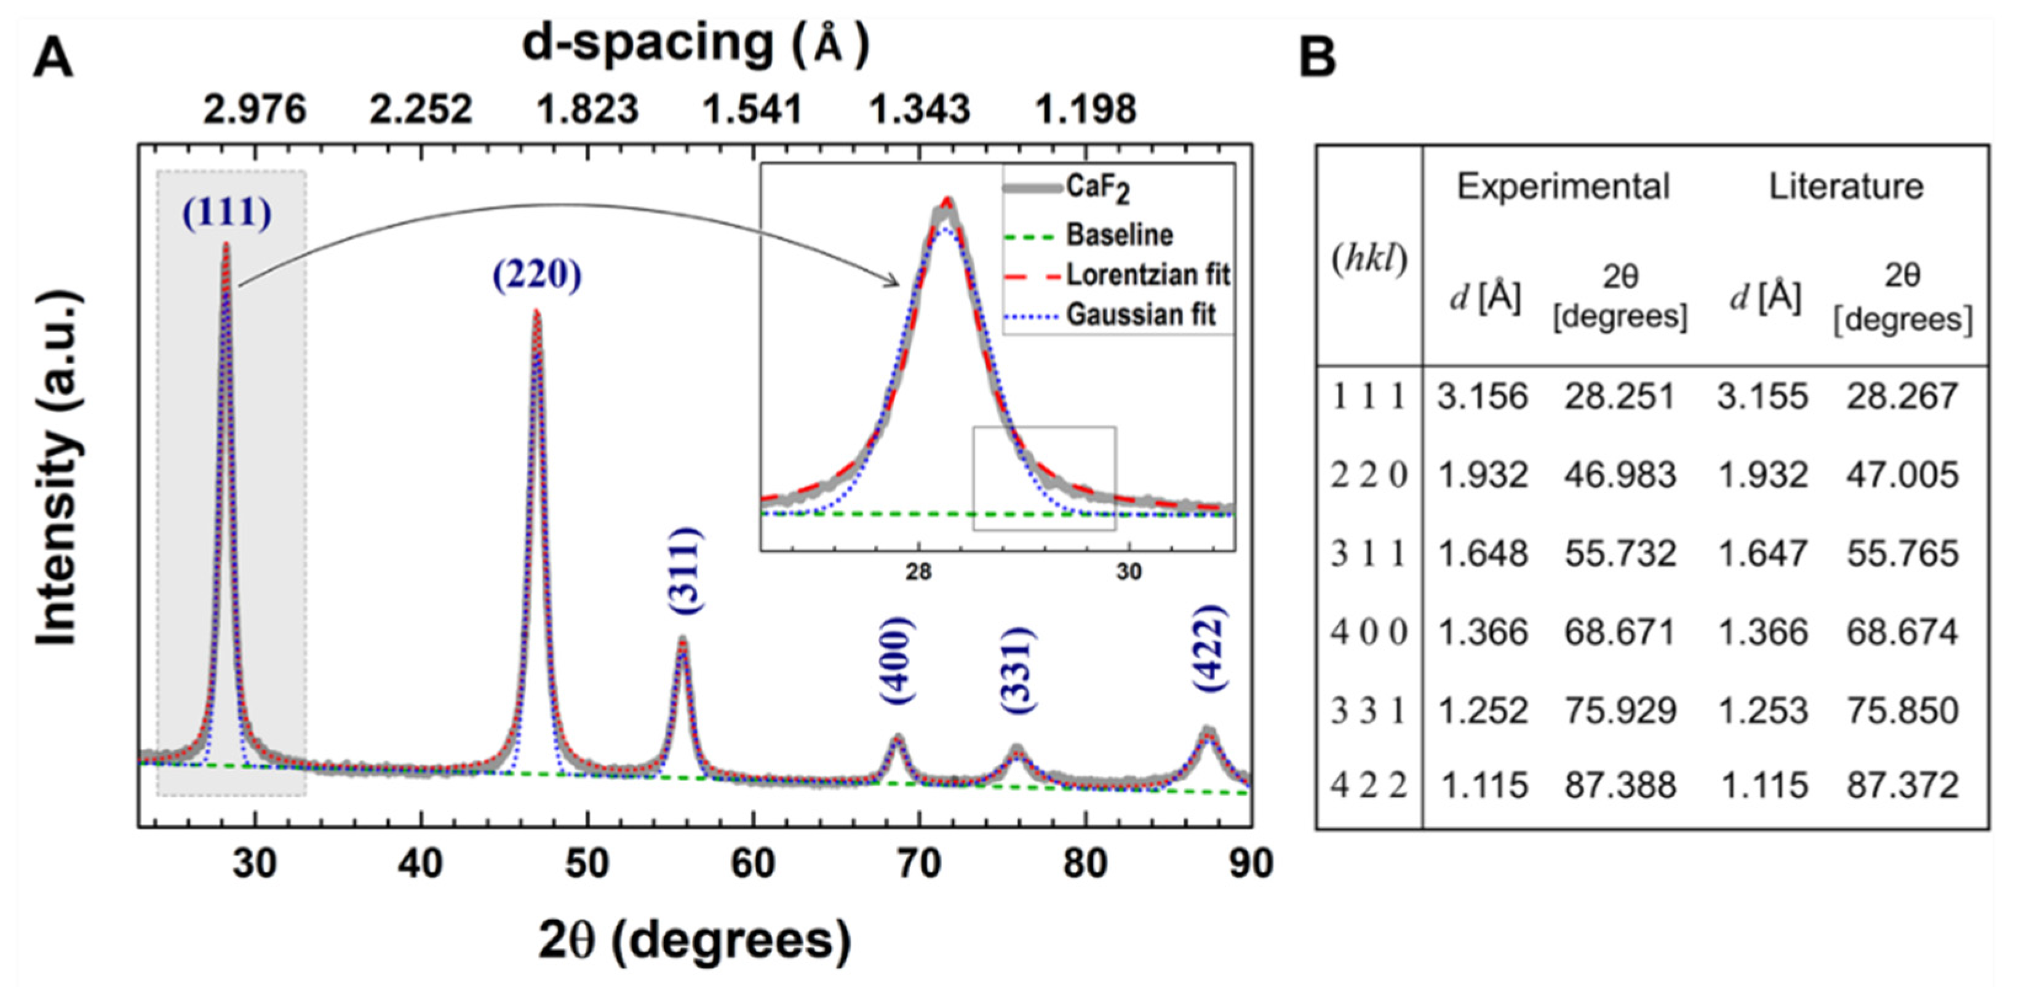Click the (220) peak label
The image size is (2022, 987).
[x=537, y=275]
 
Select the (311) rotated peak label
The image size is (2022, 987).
[x=685, y=571]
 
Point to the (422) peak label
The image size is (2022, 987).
[x=1209, y=648]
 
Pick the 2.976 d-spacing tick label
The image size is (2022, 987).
[x=254, y=109]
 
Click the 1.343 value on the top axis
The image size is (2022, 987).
[x=919, y=109]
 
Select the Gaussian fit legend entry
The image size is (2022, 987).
[x=1140, y=315]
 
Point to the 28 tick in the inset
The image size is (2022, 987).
[x=918, y=572]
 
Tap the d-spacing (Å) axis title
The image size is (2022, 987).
[x=696, y=43]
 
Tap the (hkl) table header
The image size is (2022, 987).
[x=1369, y=259]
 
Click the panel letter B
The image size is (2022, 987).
[x=1318, y=58]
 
